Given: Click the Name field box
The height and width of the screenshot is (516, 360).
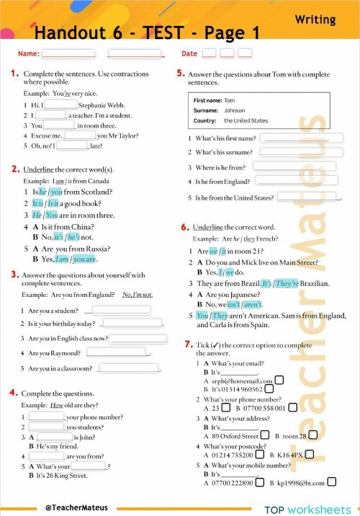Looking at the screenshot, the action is [68, 53].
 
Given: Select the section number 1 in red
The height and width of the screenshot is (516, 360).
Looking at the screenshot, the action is [14, 74].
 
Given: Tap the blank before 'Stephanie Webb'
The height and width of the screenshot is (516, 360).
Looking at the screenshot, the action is [51, 104].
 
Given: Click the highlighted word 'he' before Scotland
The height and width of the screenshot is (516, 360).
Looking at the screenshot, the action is [43, 192].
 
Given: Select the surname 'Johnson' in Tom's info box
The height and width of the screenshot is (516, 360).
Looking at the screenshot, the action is [234, 111].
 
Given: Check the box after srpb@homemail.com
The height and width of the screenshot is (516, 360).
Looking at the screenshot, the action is [279, 381].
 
